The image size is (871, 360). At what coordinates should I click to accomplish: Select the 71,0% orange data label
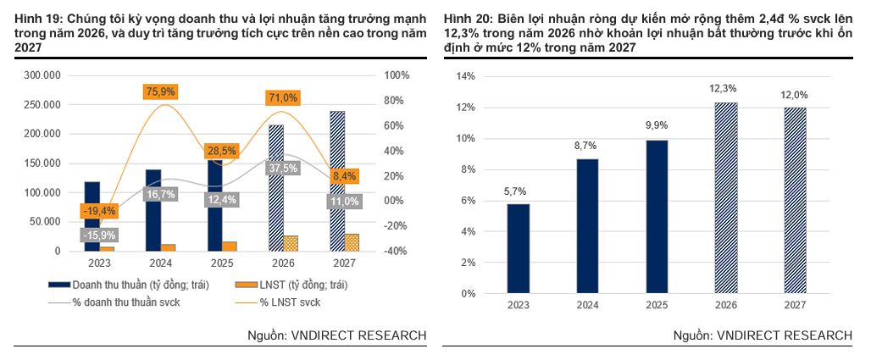tap(284, 98)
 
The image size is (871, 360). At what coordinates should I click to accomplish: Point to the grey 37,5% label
tap(284, 168)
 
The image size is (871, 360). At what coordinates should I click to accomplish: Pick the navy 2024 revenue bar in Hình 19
tap(154, 211)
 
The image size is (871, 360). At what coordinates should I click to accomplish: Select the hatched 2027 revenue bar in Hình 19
tap(337, 181)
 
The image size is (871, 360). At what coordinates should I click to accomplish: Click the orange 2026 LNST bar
tap(291, 243)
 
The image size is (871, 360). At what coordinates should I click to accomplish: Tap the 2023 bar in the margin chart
tap(518, 248)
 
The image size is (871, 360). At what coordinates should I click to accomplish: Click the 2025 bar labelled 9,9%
tap(657, 217)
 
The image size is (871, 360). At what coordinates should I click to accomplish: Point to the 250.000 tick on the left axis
tap(42, 105)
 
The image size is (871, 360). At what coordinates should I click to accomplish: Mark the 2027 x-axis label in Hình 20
tap(795, 305)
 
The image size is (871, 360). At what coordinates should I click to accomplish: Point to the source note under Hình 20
tap(763, 335)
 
